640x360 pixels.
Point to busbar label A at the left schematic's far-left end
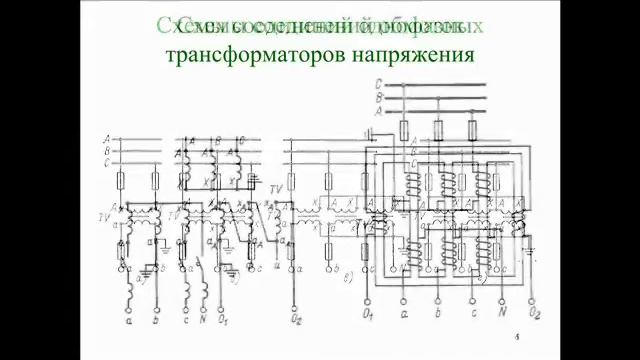coord(105,137)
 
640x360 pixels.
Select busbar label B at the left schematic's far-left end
coord(105,149)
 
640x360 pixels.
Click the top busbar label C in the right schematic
coord(378,84)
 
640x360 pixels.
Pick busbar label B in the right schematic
coord(378,98)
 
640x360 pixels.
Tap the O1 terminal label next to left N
coord(226,323)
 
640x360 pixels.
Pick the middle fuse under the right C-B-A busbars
coord(438,130)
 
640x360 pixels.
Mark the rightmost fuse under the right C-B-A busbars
coord(470,130)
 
